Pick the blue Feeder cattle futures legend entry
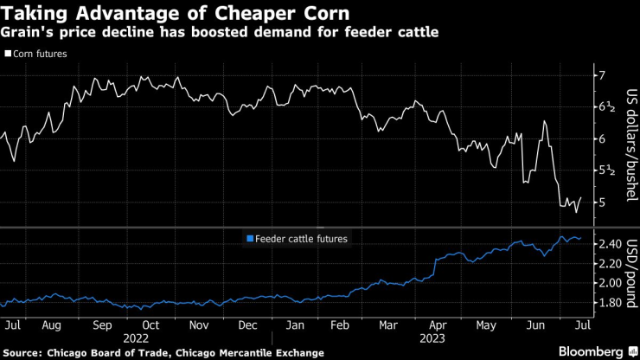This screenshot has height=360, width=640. tap(298, 239)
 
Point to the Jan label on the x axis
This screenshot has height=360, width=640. tap(296, 325)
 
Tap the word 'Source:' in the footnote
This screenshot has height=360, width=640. tap(26, 352)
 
